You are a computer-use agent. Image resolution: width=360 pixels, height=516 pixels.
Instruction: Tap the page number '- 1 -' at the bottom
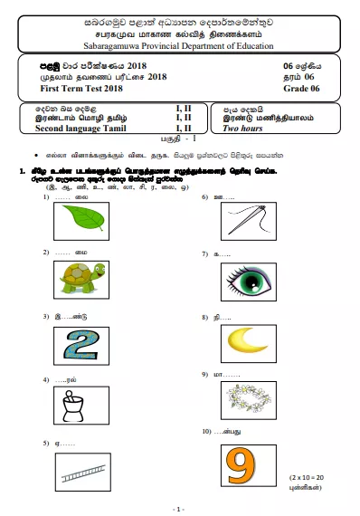point(179,509)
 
